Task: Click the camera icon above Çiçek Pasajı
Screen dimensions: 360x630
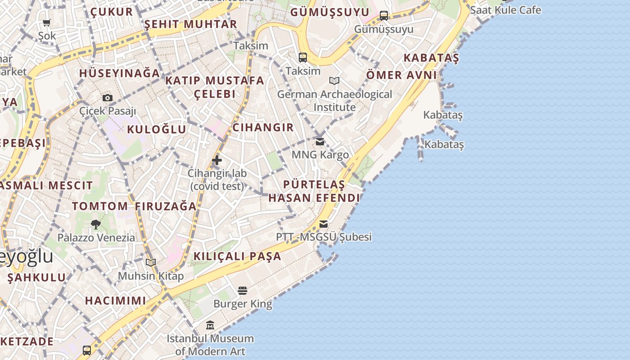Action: [x=107, y=98]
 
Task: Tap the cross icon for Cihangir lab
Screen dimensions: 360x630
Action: [x=217, y=160]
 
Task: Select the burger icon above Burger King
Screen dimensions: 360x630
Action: [x=243, y=291]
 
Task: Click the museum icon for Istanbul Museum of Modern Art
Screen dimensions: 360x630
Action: [x=210, y=325]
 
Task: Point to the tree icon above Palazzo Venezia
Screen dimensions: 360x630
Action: [x=95, y=224]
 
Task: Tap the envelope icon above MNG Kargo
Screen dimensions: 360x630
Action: [x=319, y=142]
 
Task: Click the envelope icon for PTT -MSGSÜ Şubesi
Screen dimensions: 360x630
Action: [x=323, y=224]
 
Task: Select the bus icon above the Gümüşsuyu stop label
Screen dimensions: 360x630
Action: [x=383, y=16]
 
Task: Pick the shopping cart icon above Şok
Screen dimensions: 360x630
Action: [x=47, y=22]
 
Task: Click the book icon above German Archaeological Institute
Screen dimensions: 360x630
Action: [x=334, y=81]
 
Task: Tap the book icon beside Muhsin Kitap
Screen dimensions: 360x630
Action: [x=151, y=262]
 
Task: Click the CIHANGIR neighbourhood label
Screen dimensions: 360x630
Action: [x=263, y=127]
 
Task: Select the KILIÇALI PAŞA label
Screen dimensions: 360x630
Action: [x=237, y=256]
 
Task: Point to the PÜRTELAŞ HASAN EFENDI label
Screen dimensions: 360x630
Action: [x=314, y=191]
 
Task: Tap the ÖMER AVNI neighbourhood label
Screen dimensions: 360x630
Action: [x=401, y=75]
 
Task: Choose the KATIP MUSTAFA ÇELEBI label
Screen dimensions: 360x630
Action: [x=215, y=87]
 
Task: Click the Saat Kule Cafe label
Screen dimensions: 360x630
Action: [x=505, y=10]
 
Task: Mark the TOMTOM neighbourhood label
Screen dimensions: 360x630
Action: [x=100, y=206]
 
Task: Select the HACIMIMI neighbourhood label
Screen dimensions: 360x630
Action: [x=115, y=300]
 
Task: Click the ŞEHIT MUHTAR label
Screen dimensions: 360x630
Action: [x=190, y=24]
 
